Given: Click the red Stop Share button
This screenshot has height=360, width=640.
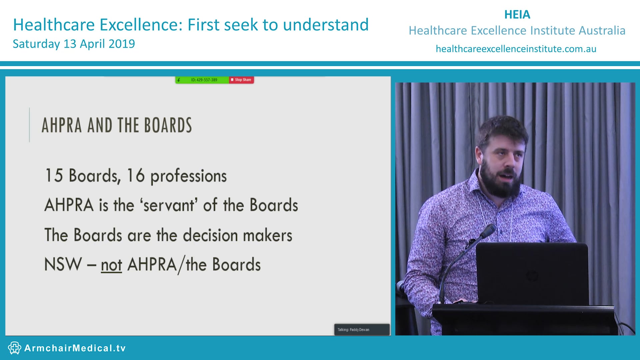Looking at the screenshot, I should (241, 80).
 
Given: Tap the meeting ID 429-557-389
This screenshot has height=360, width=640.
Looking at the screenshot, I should (204, 80).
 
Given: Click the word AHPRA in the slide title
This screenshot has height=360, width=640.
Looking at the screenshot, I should (62, 125).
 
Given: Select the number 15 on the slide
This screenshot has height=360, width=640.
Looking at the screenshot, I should (54, 176).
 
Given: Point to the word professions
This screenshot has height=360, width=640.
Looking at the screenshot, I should (188, 176).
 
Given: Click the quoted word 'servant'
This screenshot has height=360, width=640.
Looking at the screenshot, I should (169, 205).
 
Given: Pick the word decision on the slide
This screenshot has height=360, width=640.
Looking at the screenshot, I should (210, 235).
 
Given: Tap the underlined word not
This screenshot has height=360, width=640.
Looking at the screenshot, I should (111, 265).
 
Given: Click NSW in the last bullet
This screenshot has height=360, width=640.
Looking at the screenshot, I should (63, 265).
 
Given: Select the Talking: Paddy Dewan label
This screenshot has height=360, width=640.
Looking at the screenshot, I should (353, 330).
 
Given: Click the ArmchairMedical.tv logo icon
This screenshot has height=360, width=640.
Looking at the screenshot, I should (14, 348).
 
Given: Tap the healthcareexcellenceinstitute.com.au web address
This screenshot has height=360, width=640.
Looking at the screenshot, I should (516, 49).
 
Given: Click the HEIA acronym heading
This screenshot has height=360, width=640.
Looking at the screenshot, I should (517, 15).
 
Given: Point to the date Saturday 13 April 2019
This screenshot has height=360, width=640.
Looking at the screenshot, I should (74, 44).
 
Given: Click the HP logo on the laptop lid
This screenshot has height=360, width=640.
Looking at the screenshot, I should (532, 276).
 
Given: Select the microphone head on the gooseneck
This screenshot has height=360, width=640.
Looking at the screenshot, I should (488, 230).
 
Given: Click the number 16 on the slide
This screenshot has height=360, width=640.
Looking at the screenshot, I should (136, 176).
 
